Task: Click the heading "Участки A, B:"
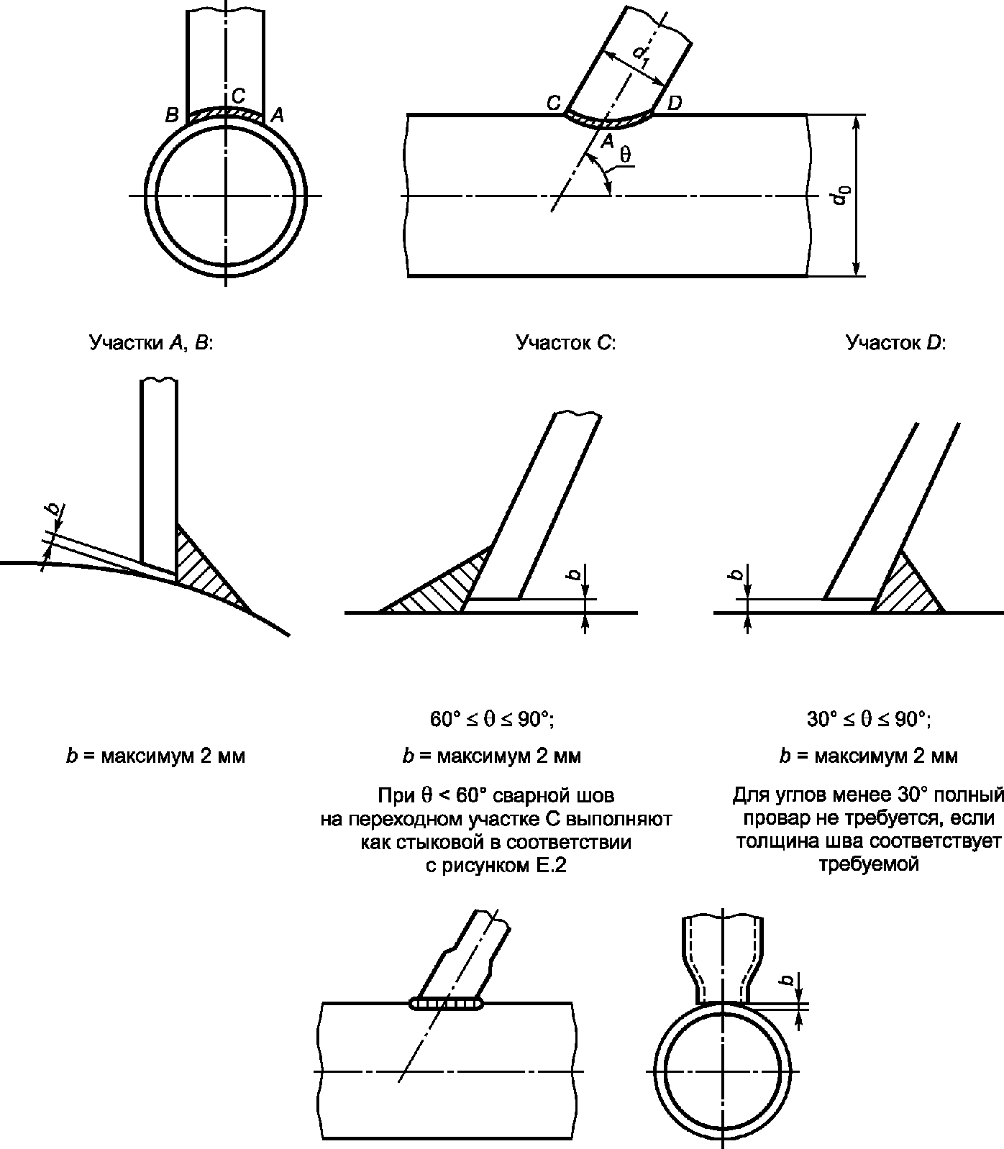[x=152, y=343]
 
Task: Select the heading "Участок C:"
[x=566, y=343]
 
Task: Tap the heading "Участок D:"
[x=895, y=343]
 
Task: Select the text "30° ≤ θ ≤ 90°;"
[x=868, y=719]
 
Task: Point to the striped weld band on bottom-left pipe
[x=447, y=1003]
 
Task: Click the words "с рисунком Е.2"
[x=496, y=866]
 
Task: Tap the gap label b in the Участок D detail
[x=736, y=574]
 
